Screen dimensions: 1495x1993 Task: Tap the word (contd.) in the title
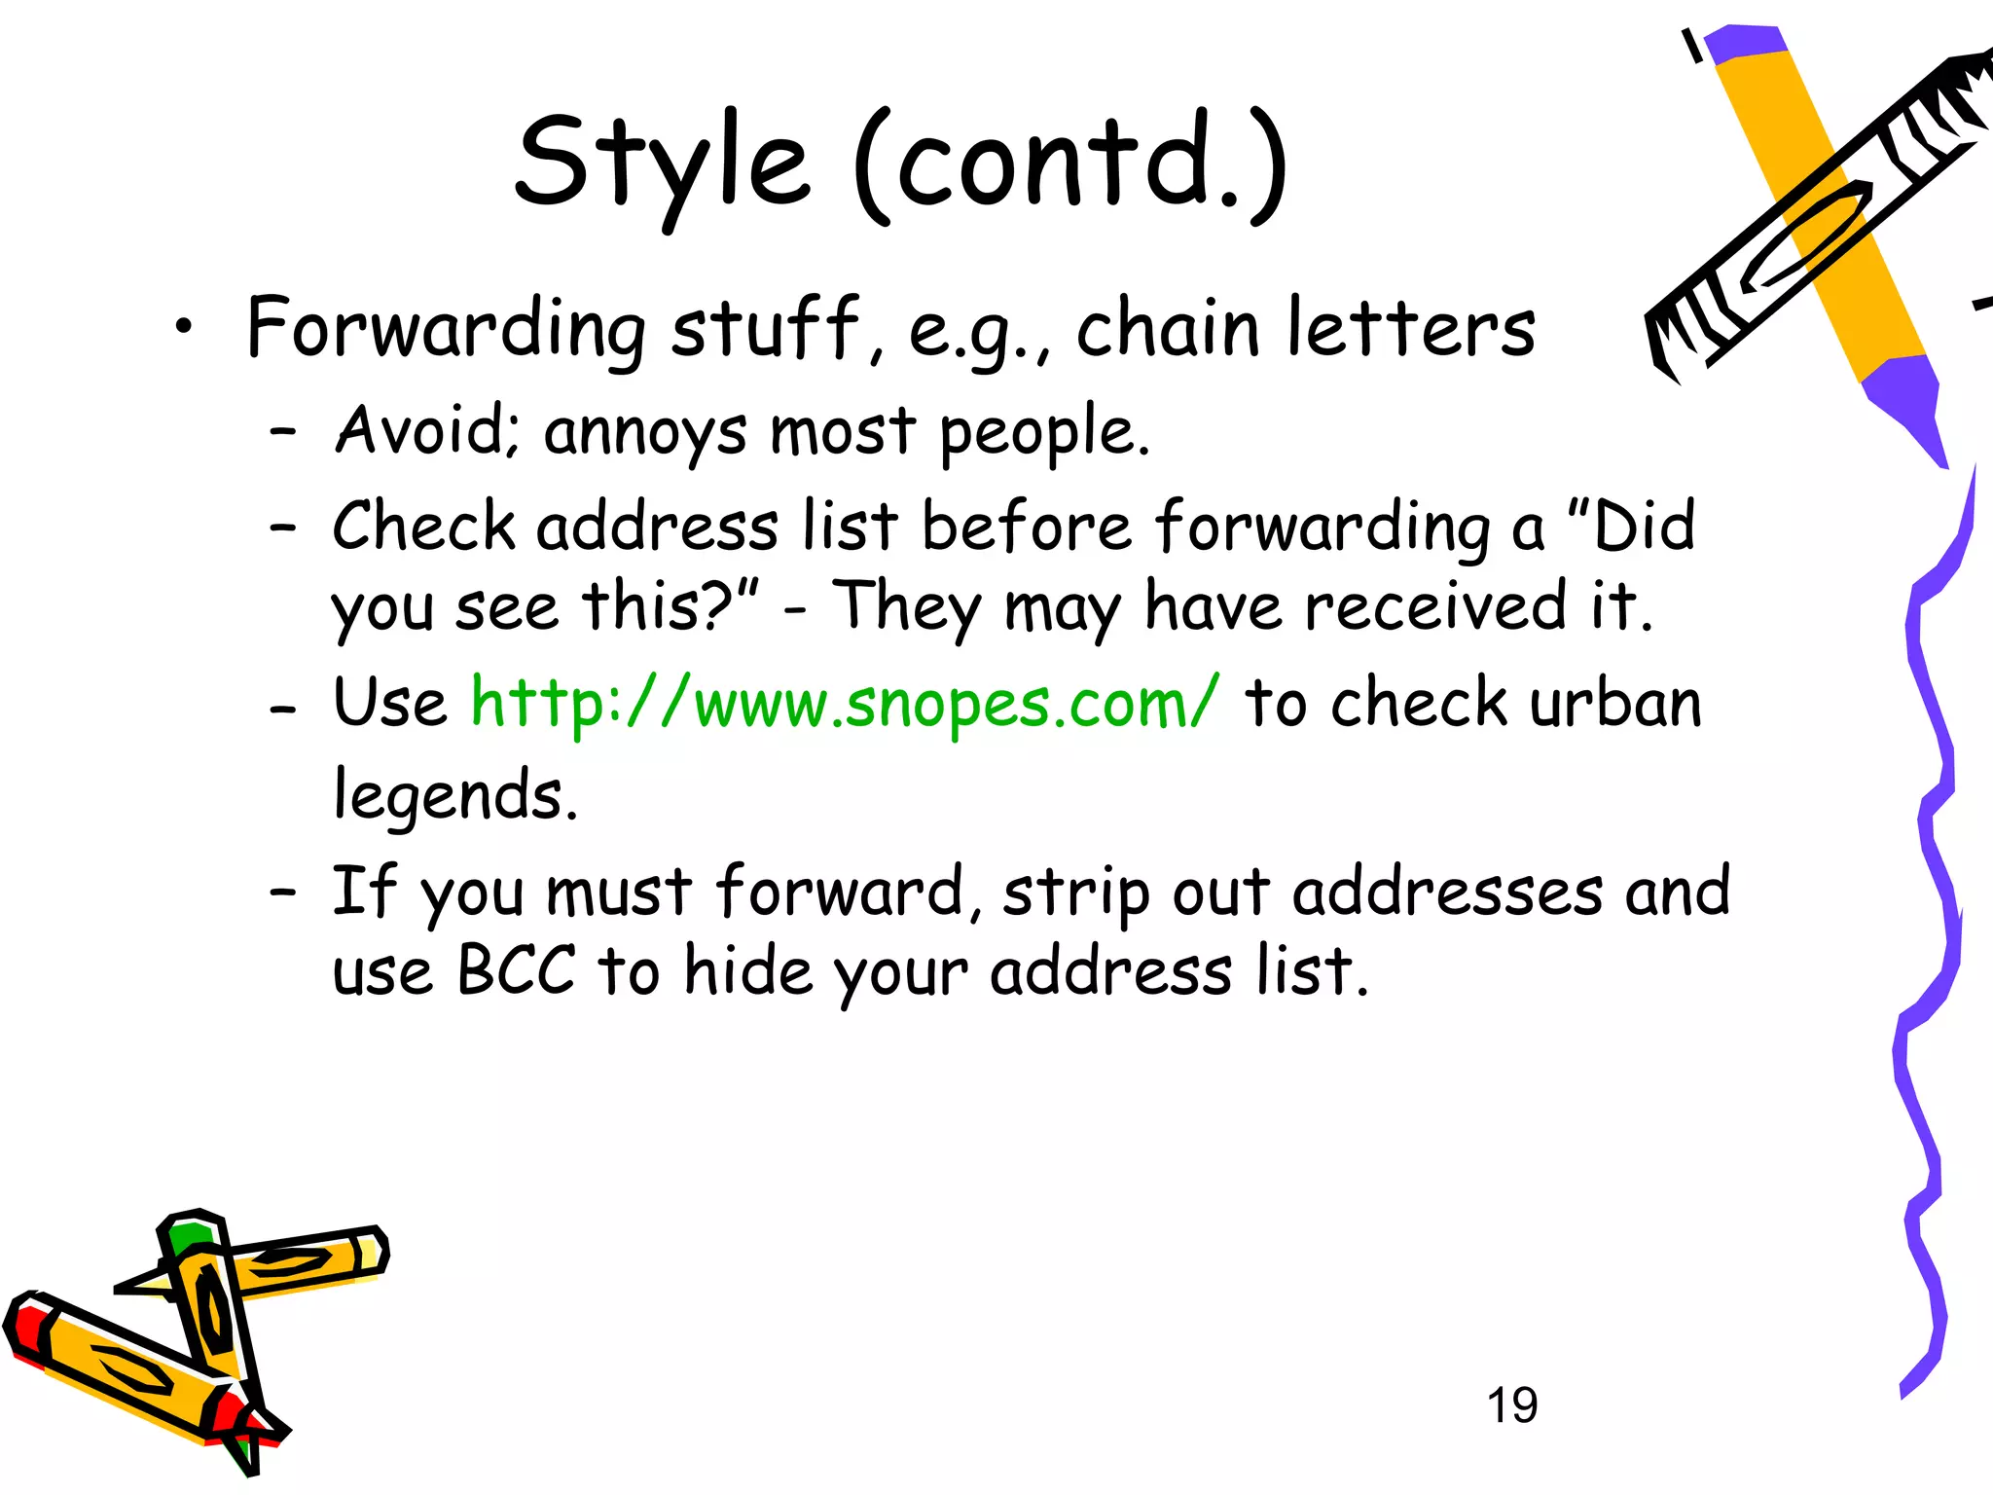[x=1070, y=164]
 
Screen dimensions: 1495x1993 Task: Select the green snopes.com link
[x=844, y=703]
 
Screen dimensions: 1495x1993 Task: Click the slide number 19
[x=1512, y=1405]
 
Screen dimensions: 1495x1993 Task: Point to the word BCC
[x=516, y=970]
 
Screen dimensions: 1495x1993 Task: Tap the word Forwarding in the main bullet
[x=446, y=329]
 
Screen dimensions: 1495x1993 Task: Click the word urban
[x=1615, y=703]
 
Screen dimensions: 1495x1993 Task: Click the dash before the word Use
[x=282, y=709]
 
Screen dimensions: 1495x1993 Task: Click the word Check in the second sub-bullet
[x=424, y=527]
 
